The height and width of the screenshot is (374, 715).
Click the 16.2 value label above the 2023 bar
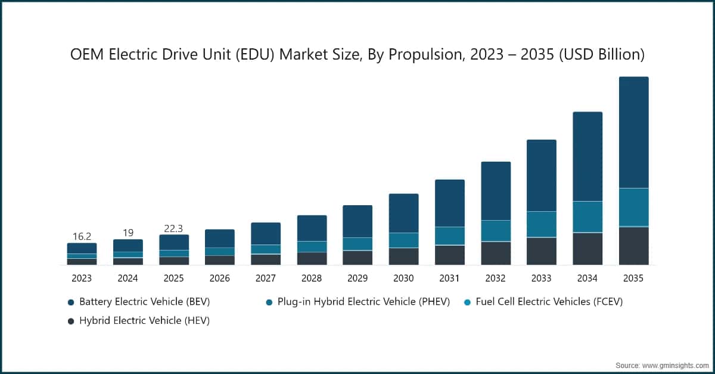[x=82, y=236]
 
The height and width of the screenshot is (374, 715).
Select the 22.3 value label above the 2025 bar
[x=173, y=228]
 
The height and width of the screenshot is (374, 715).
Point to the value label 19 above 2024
[x=128, y=233]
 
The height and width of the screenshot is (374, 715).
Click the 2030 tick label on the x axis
[x=403, y=278]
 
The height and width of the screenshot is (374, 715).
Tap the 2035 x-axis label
[x=633, y=278]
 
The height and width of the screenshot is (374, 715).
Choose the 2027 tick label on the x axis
[x=266, y=278]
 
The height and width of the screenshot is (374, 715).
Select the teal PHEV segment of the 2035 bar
[x=633, y=208]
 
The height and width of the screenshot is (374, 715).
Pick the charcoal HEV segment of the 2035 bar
[x=633, y=246]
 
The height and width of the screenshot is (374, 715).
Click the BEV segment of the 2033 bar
[x=541, y=175]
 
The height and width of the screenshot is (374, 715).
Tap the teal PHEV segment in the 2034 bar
[x=587, y=217]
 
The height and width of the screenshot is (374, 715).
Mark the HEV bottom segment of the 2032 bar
[x=495, y=253]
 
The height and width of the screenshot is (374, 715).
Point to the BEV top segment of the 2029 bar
[x=357, y=221]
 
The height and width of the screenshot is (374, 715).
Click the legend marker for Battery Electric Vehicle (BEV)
[x=71, y=302]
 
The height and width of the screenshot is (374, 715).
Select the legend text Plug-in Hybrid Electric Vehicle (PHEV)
[x=363, y=302]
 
